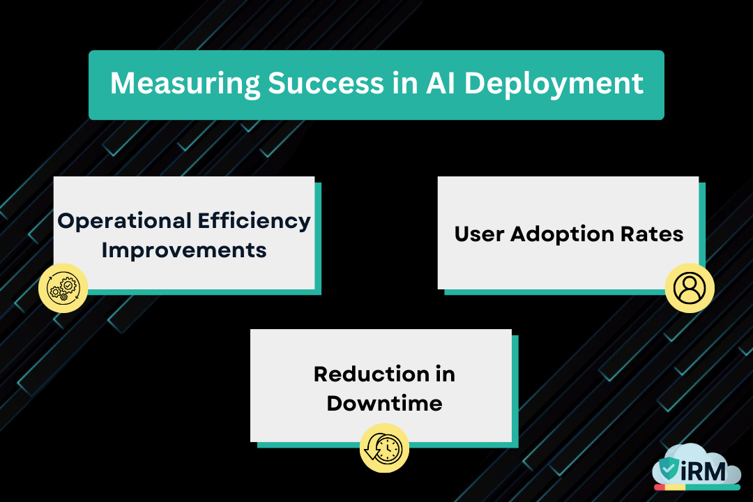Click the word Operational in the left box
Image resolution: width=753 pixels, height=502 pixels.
click(x=123, y=221)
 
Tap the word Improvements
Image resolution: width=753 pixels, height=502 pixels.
click(x=184, y=250)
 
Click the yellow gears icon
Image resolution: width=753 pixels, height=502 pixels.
click(x=63, y=288)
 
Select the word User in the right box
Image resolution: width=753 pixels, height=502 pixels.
click(x=480, y=234)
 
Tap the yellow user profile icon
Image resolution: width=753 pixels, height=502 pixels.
click(x=690, y=287)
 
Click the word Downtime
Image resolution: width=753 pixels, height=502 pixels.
click(x=384, y=403)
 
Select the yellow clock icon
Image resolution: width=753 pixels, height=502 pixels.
click(x=384, y=448)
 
